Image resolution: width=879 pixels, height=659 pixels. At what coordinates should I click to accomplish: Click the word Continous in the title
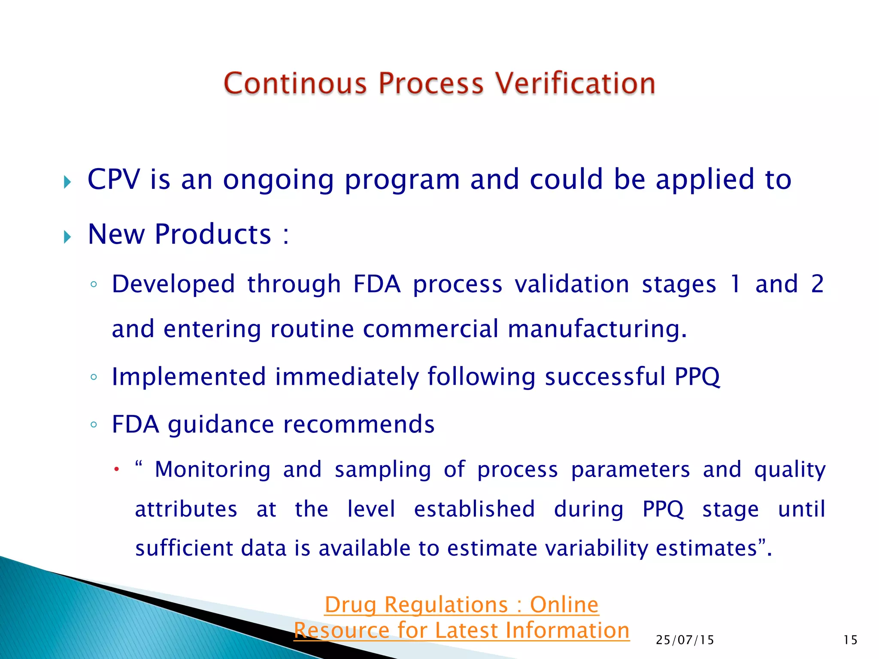click(295, 83)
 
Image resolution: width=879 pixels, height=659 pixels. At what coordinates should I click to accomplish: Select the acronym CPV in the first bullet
click(113, 179)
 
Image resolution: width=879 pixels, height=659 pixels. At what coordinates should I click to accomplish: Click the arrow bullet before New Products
click(67, 236)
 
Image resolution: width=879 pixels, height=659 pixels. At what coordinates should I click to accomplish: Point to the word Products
click(213, 235)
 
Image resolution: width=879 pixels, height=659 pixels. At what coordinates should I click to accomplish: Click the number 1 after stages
click(735, 284)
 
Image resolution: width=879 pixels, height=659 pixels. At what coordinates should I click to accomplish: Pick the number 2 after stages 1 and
click(817, 284)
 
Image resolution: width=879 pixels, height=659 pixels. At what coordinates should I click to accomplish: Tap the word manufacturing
click(597, 329)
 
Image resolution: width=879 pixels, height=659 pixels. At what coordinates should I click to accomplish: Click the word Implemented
click(189, 377)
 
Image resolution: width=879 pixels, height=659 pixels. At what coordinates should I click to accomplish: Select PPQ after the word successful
click(697, 378)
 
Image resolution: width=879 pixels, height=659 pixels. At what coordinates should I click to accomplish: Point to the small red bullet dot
click(116, 470)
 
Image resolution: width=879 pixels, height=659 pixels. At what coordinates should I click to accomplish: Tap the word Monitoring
click(212, 470)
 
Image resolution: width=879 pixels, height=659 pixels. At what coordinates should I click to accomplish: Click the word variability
click(597, 549)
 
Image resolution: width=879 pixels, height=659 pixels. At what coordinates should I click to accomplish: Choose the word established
click(474, 509)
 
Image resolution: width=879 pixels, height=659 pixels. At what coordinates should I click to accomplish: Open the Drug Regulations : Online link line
click(461, 605)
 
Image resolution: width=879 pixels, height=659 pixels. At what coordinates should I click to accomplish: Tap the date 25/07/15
click(685, 640)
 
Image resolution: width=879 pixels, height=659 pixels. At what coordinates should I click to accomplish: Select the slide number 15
click(850, 640)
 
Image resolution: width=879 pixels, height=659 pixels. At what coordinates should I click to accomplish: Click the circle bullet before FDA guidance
click(94, 425)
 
